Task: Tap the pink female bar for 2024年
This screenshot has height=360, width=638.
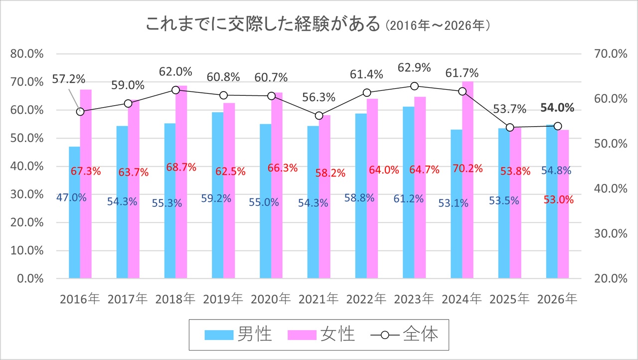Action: click(468, 224)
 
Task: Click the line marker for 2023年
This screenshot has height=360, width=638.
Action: click(414, 86)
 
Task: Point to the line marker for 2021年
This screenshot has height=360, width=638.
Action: click(319, 116)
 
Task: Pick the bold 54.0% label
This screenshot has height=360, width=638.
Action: click(557, 108)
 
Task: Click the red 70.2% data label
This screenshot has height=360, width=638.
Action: click(468, 169)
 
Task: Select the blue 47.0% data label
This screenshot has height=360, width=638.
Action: click(71, 197)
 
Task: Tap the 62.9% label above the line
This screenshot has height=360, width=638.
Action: click(414, 67)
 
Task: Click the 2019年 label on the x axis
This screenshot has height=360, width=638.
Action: click(223, 299)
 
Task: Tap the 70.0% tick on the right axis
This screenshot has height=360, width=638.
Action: click(611, 54)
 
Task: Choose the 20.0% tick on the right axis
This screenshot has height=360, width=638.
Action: click(611, 279)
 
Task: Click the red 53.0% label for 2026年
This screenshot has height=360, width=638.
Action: click(559, 200)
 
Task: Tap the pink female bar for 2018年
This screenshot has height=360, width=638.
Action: click(181, 224)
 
